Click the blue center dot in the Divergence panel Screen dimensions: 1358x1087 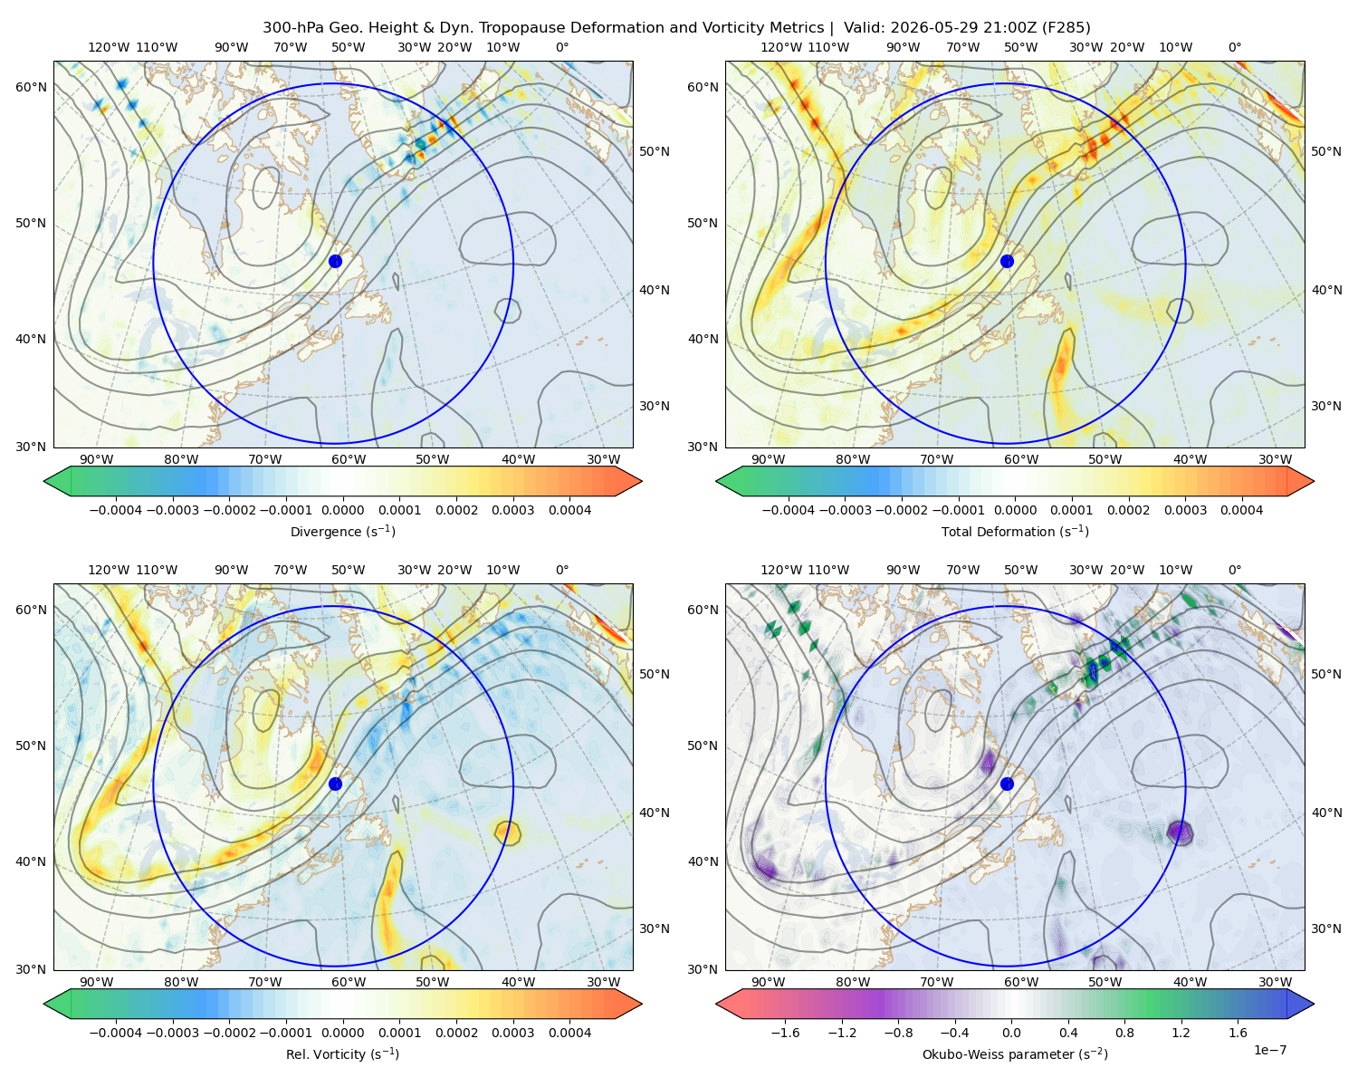335,261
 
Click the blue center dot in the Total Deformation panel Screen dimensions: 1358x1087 1007,261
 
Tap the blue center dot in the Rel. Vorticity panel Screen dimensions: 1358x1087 335,784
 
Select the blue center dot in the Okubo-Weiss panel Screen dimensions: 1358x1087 1007,784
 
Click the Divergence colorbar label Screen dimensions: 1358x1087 342,531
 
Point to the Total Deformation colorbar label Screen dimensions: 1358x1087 1015,531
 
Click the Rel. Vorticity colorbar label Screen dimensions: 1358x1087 342,1053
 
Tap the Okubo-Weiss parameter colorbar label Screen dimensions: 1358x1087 1015,1053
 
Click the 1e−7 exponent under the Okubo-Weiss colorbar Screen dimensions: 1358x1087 1269,1050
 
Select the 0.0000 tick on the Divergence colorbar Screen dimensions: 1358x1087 342,510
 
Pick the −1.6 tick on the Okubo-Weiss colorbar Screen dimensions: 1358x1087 785,1032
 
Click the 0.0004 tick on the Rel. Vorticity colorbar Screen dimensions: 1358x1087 569,1032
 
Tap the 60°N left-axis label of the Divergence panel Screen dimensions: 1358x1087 31,87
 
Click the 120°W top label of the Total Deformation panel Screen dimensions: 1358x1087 781,47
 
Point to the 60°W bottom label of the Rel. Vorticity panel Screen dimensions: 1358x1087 349,982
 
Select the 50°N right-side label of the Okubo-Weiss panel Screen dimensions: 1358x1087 1326,673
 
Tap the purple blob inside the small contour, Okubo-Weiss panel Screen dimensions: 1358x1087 1178,832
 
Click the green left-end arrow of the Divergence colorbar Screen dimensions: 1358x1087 57,481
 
